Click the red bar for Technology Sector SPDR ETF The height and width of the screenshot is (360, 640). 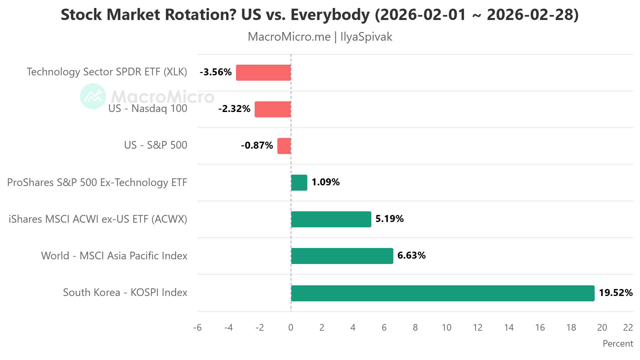coord(263,73)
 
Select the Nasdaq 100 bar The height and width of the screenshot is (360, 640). coord(273,109)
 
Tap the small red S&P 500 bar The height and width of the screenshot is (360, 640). coord(284,146)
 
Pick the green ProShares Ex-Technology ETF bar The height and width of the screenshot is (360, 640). coord(299,183)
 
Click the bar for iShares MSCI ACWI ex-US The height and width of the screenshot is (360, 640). coord(331,219)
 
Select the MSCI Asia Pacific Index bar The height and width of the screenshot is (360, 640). coord(342,256)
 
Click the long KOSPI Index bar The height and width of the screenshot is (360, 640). coord(443,293)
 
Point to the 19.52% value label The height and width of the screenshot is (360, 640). coord(615,293)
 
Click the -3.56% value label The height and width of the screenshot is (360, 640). coord(216,72)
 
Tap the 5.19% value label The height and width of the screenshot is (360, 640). coord(389,219)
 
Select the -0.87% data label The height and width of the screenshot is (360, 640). coord(257,145)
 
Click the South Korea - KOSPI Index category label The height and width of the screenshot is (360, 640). coord(125,292)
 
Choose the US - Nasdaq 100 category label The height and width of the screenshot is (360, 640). coord(148,108)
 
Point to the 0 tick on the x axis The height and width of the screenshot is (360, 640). coord(291,328)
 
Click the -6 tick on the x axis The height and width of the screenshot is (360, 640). coord(197,328)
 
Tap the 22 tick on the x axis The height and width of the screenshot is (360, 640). coord(628,328)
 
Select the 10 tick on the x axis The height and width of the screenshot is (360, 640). coord(446,328)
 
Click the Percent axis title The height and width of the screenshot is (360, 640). coord(617,344)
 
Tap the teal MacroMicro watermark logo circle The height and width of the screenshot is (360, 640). coord(93,96)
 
